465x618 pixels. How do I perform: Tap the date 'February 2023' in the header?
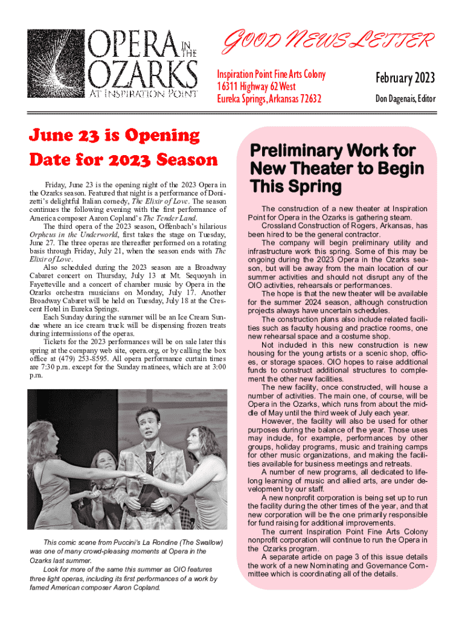(x=405, y=78)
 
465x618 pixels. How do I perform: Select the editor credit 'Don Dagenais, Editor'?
(x=405, y=99)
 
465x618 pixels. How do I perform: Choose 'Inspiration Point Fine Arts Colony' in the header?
(x=271, y=74)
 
